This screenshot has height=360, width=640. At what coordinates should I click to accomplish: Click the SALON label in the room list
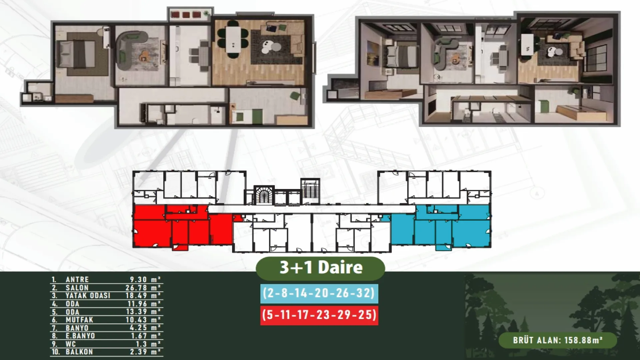(77, 288)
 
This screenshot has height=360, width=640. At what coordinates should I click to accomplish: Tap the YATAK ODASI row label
(88, 296)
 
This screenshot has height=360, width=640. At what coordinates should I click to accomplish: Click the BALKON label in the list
(79, 352)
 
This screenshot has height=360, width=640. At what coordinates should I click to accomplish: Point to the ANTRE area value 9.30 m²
(145, 280)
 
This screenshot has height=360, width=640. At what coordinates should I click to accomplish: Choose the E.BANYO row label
(80, 336)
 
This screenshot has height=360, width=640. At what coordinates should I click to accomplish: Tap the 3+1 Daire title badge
(320, 268)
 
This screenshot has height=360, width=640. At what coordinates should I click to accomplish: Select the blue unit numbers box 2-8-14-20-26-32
(319, 293)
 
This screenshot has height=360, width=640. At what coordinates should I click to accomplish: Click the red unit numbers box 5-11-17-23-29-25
(319, 315)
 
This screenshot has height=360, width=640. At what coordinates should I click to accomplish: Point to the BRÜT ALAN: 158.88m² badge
(558, 340)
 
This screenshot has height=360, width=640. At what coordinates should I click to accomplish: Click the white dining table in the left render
(233, 39)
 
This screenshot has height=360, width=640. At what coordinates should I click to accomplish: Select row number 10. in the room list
(55, 352)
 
